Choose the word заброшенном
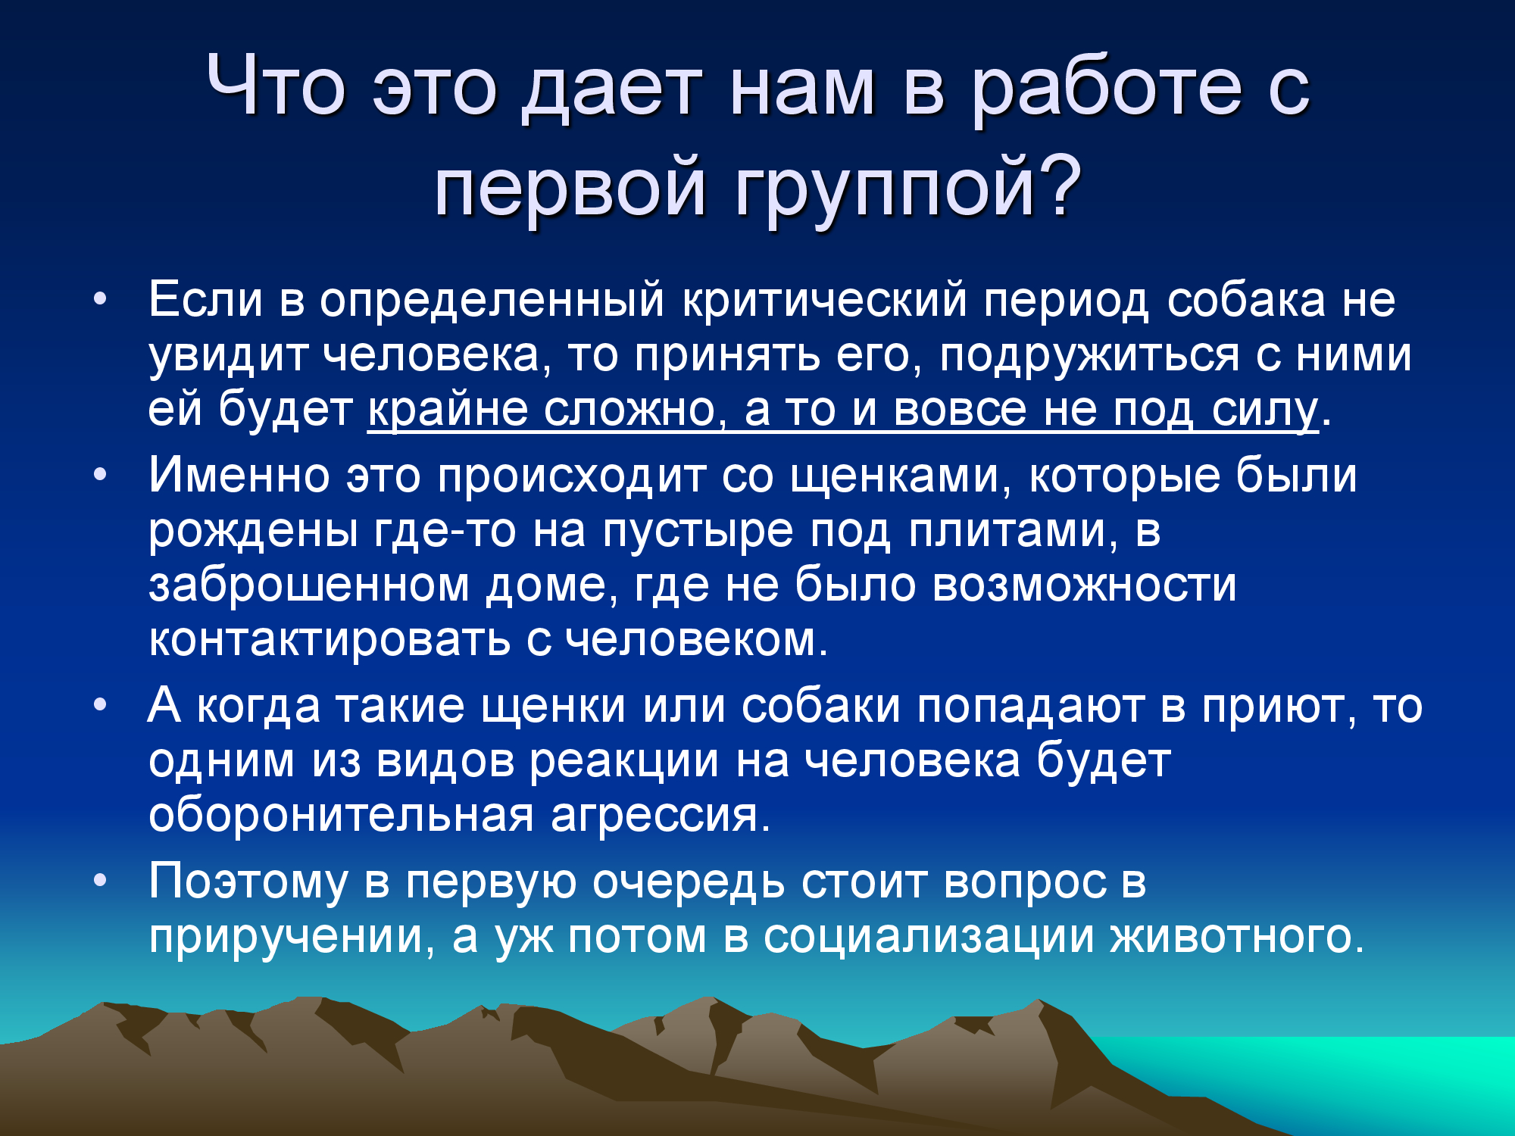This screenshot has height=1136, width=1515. coord(309,586)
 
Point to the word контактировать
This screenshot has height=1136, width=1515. coord(330,640)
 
